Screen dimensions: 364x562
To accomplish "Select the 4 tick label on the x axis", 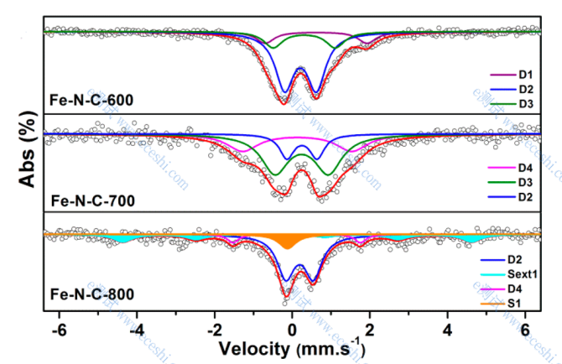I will (x=448, y=328).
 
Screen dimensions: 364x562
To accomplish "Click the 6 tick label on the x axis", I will (x=526, y=328).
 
